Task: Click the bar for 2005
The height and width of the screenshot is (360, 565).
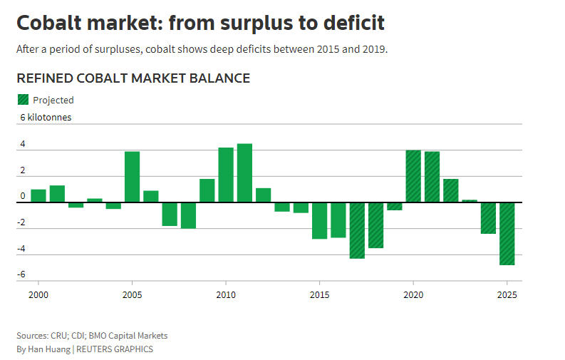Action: click(x=132, y=177)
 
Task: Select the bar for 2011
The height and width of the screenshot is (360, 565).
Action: click(x=244, y=173)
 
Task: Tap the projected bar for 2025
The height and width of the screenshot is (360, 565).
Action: click(x=507, y=234)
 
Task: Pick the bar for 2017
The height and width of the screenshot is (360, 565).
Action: click(x=357, y=230)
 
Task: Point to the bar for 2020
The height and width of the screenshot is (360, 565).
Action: click(x=413, y=176)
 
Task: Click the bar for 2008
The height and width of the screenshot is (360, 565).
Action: click(x=188, y=215)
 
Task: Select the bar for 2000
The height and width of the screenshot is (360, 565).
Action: click(x=38, y=196)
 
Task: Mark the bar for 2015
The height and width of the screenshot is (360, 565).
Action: click(x=319, y=220)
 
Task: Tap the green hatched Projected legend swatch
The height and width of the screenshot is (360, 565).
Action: click(x=23, y=100)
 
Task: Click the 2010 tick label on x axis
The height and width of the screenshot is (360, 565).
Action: click(x=226, y=294)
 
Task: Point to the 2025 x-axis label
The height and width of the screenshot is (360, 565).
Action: click(x=507, y=294)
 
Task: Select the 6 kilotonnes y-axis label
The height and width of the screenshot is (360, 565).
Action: click(x=46, y=117)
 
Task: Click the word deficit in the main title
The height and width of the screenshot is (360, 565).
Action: click(x=348, y=23)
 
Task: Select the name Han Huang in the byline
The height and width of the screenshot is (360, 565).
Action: click(x=48, y=349)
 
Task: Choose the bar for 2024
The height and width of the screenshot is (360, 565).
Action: click(x=488, y=218)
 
